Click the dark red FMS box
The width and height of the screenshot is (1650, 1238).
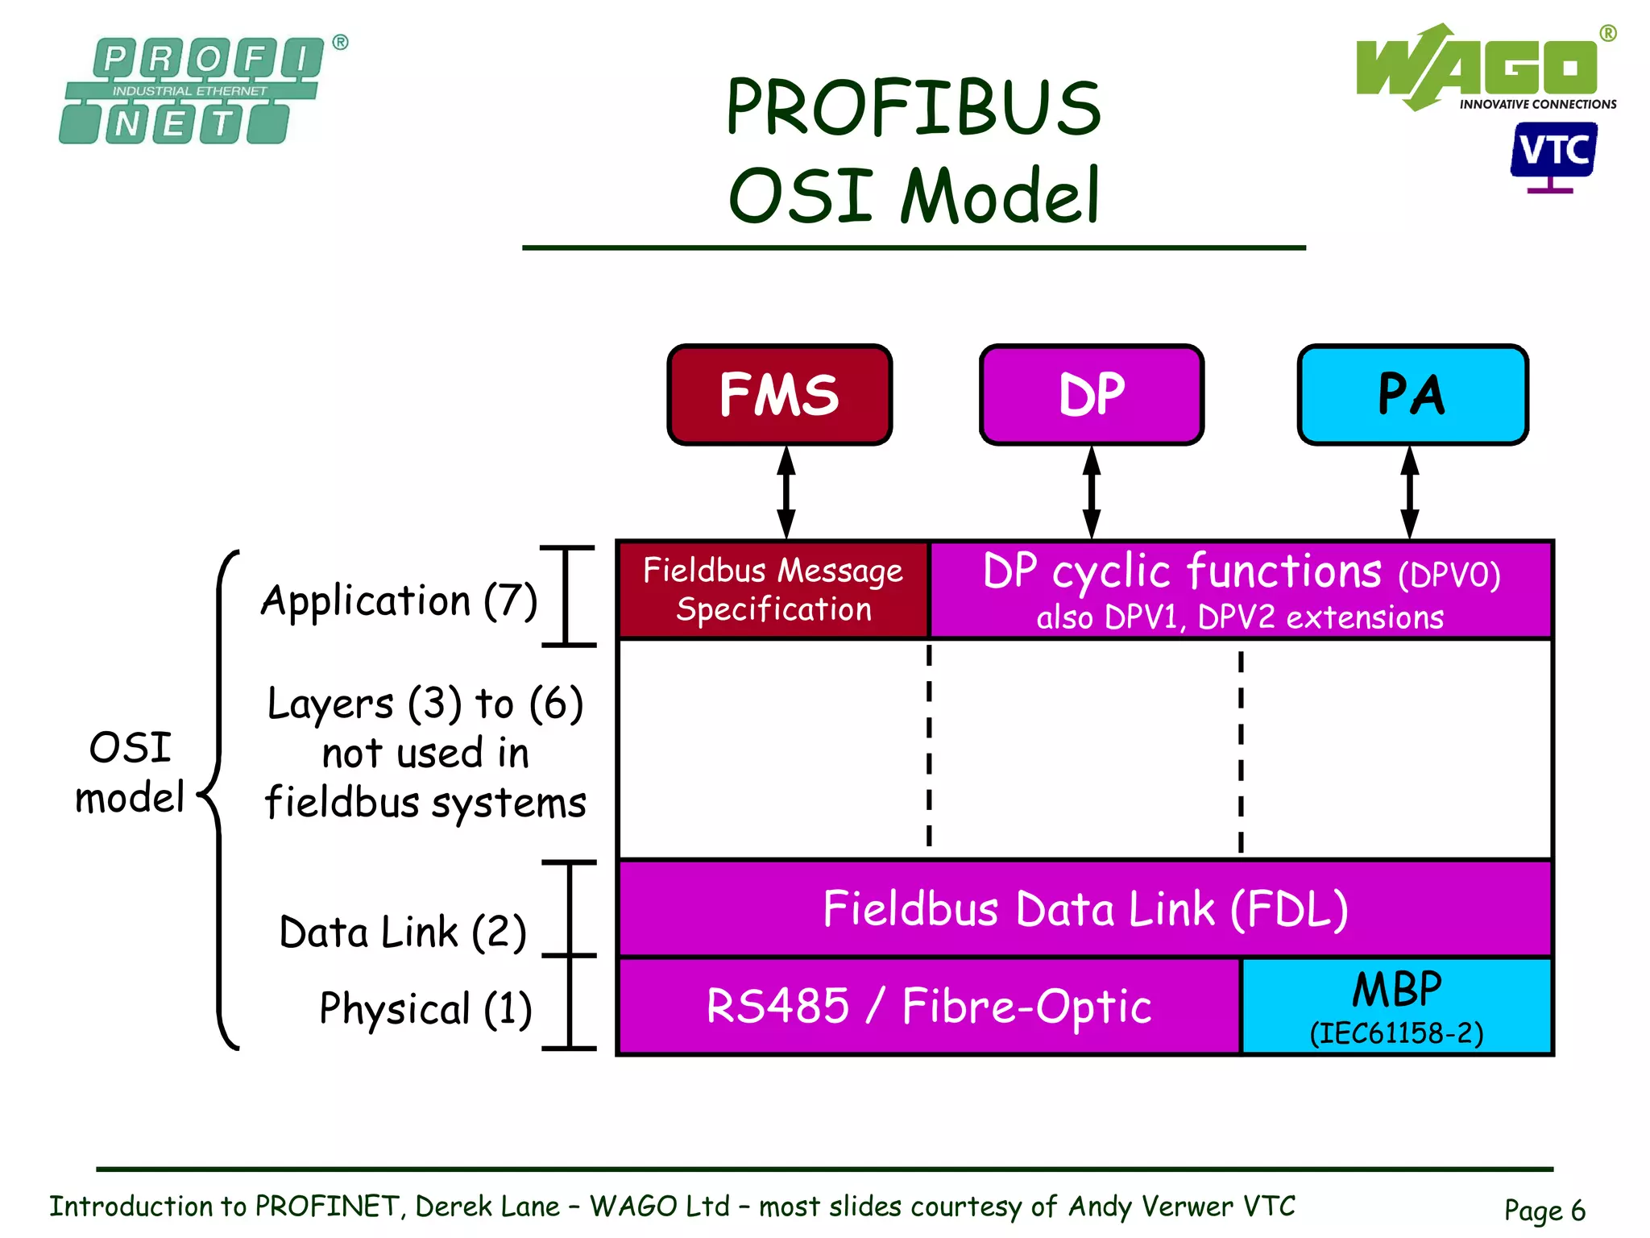779,394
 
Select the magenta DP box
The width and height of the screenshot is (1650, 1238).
1091,394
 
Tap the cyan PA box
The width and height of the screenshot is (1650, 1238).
1412,394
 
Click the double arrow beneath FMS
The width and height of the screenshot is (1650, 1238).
786,492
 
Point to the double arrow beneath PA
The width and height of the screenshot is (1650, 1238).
1409,492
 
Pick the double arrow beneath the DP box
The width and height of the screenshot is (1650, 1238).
1092,492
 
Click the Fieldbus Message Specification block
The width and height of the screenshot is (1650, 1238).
773,590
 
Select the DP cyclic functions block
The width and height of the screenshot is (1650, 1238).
1241,590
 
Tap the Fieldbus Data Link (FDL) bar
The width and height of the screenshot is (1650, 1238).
1084,908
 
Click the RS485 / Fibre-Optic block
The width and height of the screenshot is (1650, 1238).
928,1006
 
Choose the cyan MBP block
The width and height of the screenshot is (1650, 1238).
1396,1006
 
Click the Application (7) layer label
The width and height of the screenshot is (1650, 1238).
399,600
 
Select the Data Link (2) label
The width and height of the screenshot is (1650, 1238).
403,932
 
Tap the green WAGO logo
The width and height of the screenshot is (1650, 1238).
1478,68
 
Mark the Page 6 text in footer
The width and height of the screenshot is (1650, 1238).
1544,1209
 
